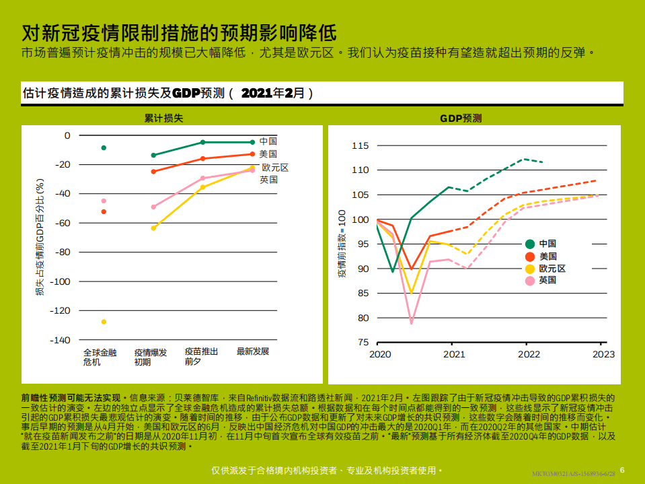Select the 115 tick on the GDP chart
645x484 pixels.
[x=361, y=145]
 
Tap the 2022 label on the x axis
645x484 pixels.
[x=529, y=354]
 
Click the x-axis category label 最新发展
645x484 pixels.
[x=253, y=351]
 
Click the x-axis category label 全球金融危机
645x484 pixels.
[x=100, y=357]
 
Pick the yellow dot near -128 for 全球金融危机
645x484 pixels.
[x=104, y=322]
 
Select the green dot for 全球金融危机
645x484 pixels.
[x=104, y=147]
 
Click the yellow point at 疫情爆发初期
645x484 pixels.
[x=153, y=228]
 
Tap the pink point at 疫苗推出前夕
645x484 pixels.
[x=202, y=178]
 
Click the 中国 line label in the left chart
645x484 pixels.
[x=268, y=141]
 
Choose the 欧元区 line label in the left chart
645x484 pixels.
[x=275, y=167]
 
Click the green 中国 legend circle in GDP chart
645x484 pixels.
[x=530, y=244]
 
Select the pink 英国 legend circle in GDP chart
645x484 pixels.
[x=530, y=280]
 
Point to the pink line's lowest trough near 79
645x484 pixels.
[x=412, y=323]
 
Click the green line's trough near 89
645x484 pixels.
[x=393, y=271]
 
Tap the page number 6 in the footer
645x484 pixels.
[x=622, y=469]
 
